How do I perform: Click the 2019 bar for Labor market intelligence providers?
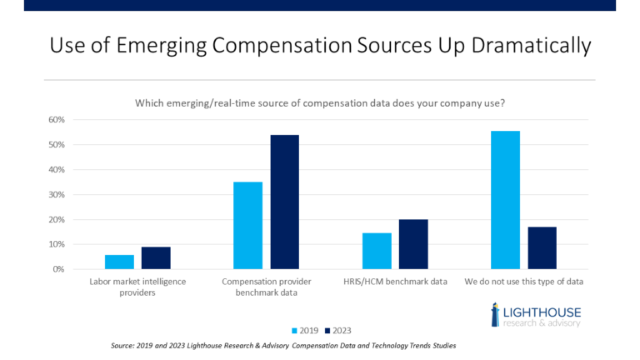(x=119, y=262)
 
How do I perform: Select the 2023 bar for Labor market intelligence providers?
(x=156, y=258)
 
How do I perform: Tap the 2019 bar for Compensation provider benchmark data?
(x=247, y=226)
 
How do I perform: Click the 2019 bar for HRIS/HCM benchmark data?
(x=377, y=251)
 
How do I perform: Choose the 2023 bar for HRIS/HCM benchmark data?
(x=413, y=244)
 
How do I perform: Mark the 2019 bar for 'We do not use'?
(x=505, y=200)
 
